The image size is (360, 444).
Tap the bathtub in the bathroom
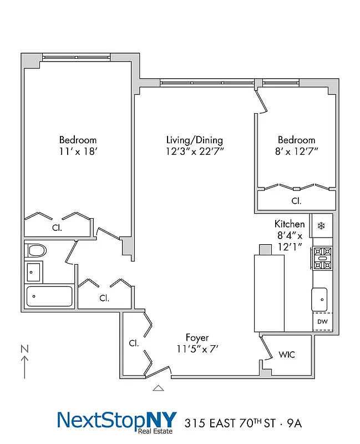pos(49,296)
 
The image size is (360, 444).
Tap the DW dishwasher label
pos(322,322)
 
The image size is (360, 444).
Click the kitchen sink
pos(321,299)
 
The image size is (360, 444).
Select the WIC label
pos(287,355)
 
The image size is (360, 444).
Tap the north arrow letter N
pos(24,349)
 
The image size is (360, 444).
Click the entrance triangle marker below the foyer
pos(159,388)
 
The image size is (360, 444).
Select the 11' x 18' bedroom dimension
pos(78,150)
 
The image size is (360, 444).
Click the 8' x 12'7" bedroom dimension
pos(296,150)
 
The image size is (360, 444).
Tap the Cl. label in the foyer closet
pos(134,343)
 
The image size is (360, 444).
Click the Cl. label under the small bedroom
pos(296,200)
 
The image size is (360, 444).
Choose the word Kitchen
pos(290,224)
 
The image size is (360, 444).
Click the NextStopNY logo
pos(116,420)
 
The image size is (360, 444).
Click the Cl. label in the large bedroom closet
pos(57,227)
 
